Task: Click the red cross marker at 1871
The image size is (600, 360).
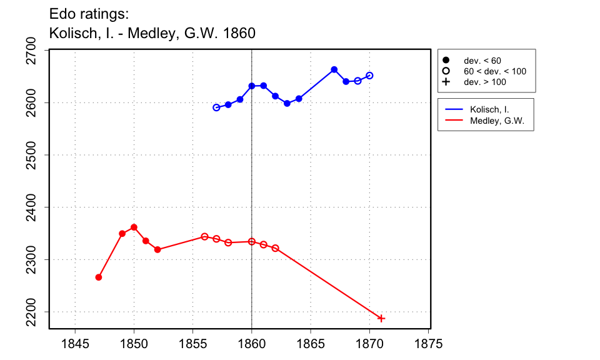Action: (381, 319)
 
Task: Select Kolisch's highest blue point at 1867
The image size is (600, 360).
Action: (334, 69)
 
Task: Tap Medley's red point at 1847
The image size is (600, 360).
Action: (99, 277)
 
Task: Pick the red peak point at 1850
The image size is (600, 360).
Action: (134, 227)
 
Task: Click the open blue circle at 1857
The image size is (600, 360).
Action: (216, 107)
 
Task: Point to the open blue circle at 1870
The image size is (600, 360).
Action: (369, 76)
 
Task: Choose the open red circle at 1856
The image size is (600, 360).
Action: (204, 236)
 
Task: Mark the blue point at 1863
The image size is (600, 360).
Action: (287, 103)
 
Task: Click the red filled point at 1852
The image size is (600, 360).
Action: (157, 249)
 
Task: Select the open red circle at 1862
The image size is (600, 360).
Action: (275, 248)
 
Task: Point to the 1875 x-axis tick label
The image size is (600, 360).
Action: (429, 344)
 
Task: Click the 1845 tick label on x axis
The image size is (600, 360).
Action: (75, 344)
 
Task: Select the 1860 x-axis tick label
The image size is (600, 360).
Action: (252, 344)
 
